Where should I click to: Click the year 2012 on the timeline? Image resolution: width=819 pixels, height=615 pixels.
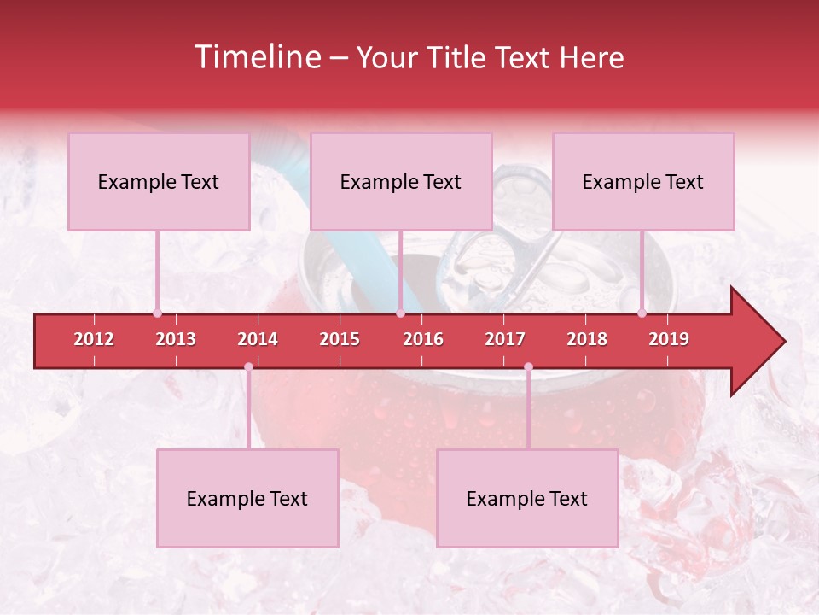point(94,339)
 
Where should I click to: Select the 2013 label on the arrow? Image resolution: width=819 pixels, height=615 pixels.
point(176,339)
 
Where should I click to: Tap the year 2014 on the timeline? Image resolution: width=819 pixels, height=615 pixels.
point(258,339)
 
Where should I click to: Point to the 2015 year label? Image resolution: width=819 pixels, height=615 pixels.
point(340,339)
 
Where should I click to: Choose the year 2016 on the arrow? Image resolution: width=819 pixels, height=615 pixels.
point(423,339)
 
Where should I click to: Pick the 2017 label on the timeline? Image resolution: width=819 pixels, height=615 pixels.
point(505,339)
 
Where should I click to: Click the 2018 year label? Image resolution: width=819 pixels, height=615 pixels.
point(587,339)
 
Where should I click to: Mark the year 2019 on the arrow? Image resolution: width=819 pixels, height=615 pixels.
point(669,339)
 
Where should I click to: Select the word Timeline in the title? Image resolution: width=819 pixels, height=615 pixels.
point(256,57)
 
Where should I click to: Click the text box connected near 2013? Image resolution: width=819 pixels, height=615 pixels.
point(159,181)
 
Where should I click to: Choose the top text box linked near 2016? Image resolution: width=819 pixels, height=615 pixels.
point(401,181)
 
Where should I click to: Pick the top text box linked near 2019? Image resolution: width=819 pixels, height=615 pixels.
point(643,181)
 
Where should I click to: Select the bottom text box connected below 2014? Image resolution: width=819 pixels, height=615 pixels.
point(247,498)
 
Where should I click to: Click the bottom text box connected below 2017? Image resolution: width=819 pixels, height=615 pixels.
point(527,498)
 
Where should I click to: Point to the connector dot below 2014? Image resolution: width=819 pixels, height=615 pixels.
point(248,366)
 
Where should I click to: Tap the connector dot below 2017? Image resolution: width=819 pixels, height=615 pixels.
point(528,366)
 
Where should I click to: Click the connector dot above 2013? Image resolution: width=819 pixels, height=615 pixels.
point(157,313)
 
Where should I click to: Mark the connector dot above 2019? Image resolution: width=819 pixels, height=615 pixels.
point(642,313)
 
